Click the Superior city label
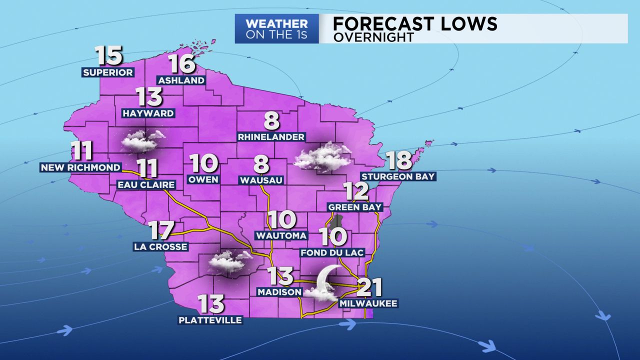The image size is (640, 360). point(108,72)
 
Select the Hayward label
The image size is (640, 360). point(148,113)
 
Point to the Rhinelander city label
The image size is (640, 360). point(271,136)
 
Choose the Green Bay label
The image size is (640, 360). point(355,207)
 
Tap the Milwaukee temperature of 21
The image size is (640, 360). point(370,287)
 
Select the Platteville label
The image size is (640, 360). point(210,320)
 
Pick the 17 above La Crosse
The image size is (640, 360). point(161,231)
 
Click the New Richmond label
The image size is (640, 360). point(80,167)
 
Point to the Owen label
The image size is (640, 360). point(203,179)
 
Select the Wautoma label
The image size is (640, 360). point(281,235)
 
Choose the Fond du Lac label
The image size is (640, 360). point(332,253)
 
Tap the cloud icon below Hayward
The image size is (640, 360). point(142,140)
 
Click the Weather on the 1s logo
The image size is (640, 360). point(276,29)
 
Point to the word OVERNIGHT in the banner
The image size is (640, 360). point(373,37)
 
